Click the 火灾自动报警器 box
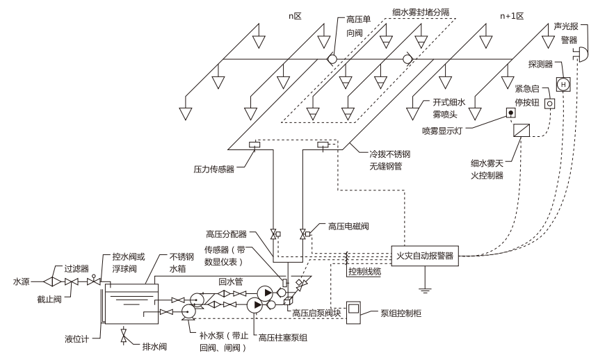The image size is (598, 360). click(425, 255)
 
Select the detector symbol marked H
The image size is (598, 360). click(564, 84)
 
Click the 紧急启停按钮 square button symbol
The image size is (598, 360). click(549, 103)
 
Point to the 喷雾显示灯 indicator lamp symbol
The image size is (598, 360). click(510, 113)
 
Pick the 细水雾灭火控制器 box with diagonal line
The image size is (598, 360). click(522, 130)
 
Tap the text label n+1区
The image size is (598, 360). click(510, 15)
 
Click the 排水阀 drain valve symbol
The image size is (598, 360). click(124, 338)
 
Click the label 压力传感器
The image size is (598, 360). click(215, 168)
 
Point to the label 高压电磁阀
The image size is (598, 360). click(348, 226)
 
